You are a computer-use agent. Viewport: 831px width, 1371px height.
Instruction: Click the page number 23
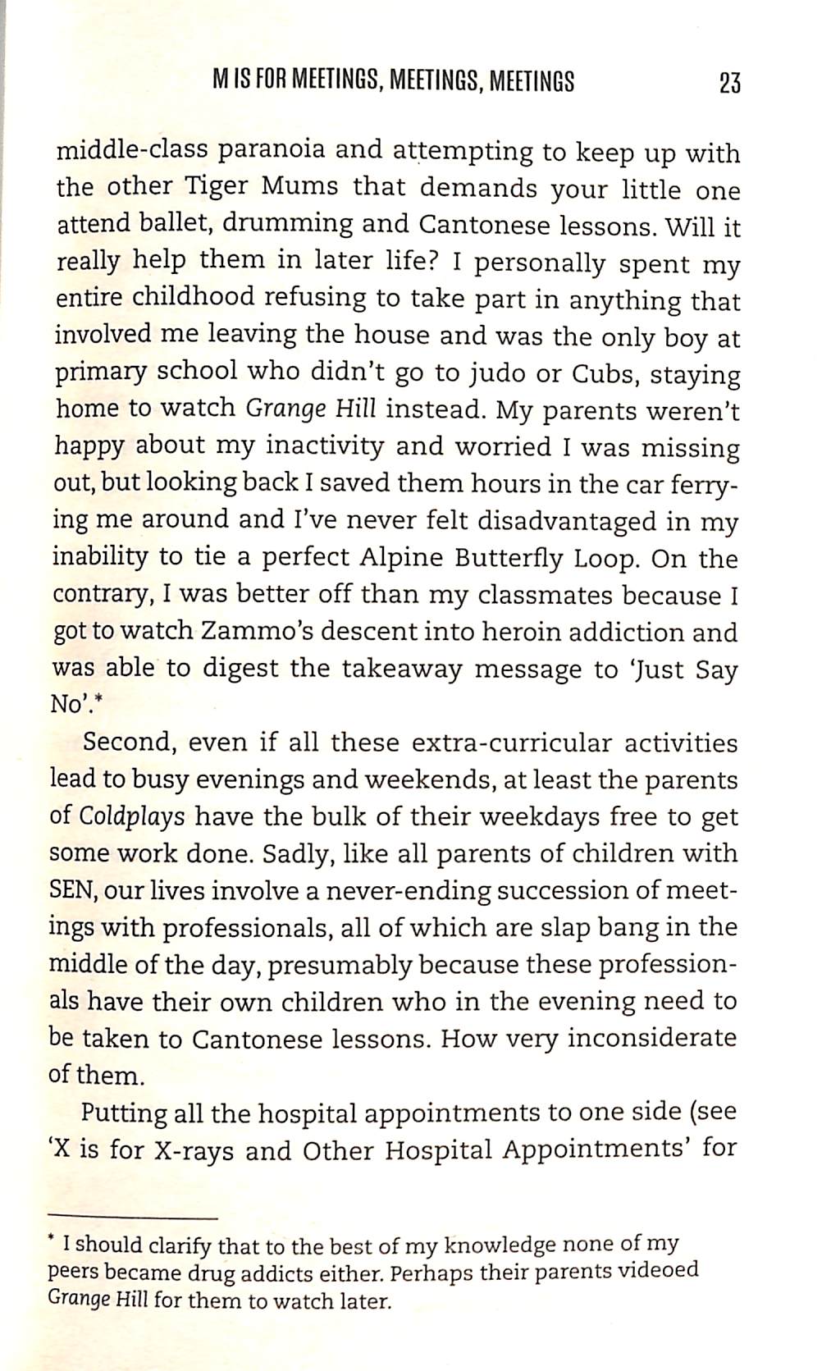728,83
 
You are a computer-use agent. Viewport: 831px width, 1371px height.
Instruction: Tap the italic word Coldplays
132,818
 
